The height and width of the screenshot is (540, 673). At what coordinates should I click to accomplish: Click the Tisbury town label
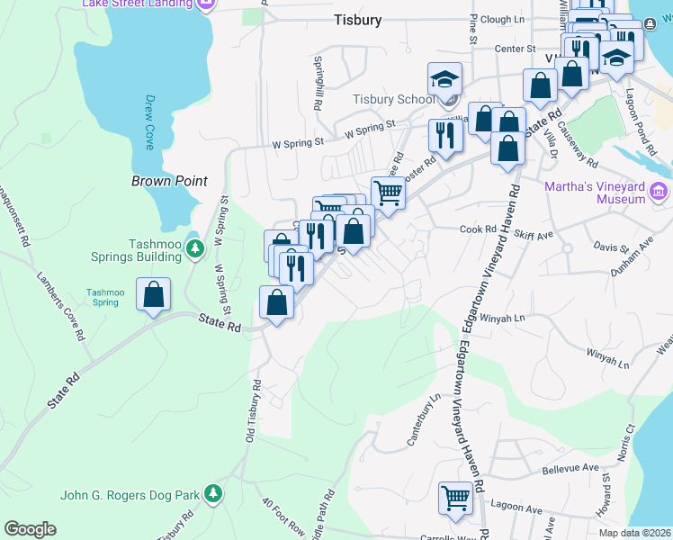coord(357,19)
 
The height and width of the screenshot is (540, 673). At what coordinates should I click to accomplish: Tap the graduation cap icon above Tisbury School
coord(444,78)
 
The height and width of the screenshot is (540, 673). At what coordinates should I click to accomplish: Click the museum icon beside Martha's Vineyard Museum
coord(659,191)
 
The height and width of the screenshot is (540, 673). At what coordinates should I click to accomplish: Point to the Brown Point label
coord(169,181)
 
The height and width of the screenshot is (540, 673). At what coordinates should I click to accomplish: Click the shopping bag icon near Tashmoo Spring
coord(154,294)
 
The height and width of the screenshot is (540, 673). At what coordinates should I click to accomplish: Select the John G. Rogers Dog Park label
coord(130,494)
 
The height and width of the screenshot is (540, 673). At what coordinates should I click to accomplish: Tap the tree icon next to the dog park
coord(212,494)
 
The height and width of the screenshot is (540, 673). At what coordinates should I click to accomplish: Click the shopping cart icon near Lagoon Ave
coord(455,497)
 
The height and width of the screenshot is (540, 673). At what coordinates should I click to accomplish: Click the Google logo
coord(30,529)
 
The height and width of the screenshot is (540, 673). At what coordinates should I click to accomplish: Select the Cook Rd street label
coord(478,229)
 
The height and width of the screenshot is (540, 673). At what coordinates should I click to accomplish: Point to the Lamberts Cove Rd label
coord(61,307)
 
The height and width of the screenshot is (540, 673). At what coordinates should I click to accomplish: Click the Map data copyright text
coord(635,533)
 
